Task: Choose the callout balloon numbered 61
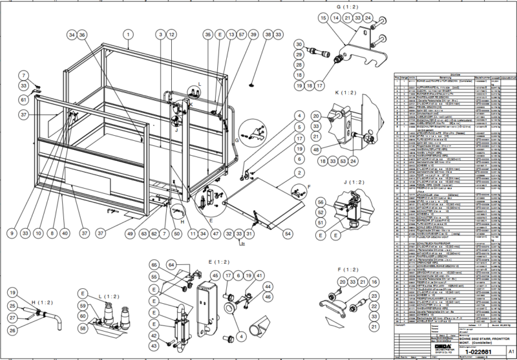23,100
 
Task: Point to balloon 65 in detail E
154,266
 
